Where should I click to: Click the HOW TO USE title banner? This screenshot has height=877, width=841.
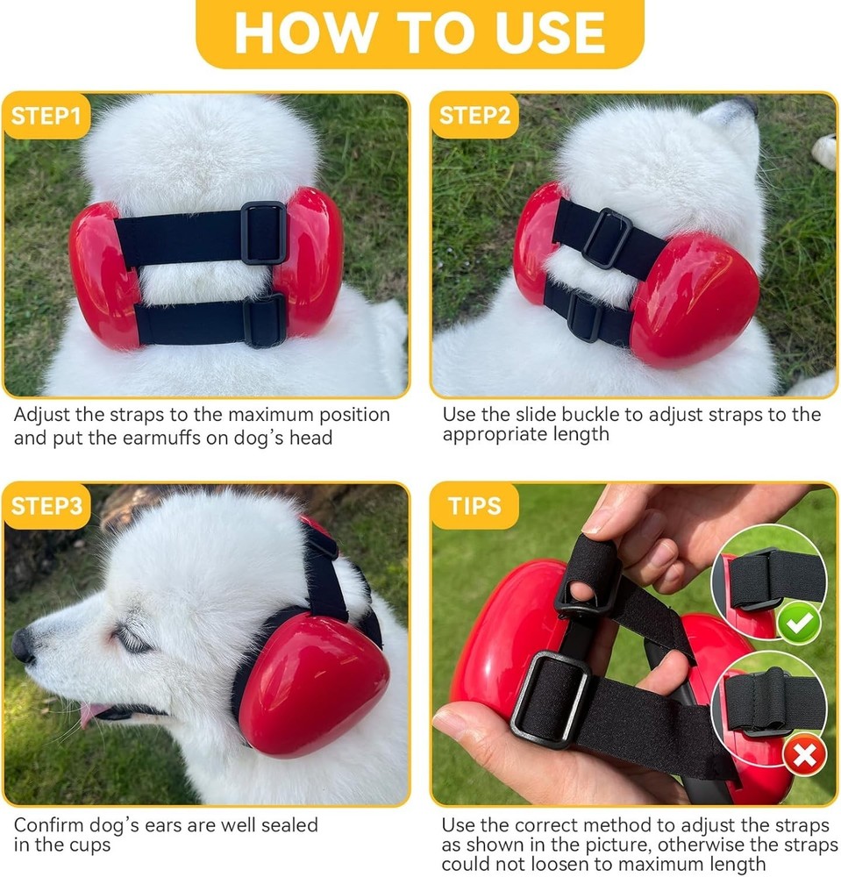419,32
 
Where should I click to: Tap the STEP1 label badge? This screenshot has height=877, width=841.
46,116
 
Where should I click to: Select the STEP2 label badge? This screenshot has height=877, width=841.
474,116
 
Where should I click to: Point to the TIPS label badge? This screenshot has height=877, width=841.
474,506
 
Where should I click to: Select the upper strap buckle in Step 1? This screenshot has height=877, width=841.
264,232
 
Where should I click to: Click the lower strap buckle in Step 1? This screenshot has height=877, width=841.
264,320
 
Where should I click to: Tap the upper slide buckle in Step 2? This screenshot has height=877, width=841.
606,238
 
